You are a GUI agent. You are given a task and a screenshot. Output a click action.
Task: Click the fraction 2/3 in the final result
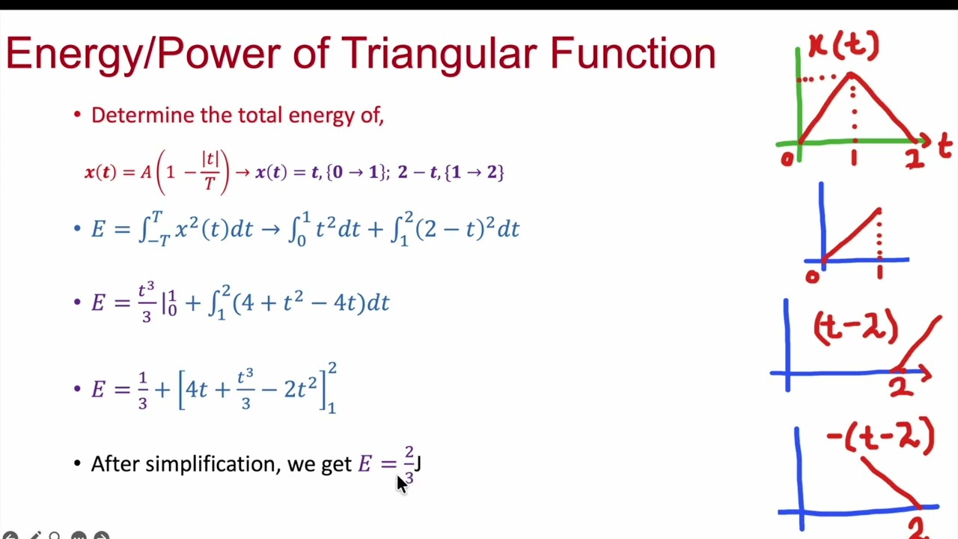(x=409, y=464)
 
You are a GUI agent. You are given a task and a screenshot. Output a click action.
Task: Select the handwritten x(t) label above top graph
(x=843, y=46)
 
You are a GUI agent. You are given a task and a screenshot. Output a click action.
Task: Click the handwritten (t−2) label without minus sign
(x=855, y=329)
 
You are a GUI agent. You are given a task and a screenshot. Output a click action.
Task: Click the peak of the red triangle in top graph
(x=852, y=74)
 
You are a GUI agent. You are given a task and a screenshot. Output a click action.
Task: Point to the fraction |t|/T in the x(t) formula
(x=210, y=171)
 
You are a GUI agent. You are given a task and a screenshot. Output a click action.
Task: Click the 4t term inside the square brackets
(x=197, y=389)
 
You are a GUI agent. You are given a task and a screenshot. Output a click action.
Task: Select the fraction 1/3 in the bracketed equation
(x=143, y=389)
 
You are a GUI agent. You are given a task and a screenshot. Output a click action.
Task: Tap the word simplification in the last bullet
(x=213, y=464)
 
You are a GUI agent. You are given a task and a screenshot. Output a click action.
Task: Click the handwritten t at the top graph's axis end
(x=945, y=145)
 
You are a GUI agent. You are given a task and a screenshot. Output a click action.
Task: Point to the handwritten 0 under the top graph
(x=787, y=159)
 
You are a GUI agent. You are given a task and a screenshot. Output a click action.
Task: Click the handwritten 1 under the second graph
(x=879, y=272)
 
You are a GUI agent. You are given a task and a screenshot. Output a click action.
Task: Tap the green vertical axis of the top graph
(x=799, y=97)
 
